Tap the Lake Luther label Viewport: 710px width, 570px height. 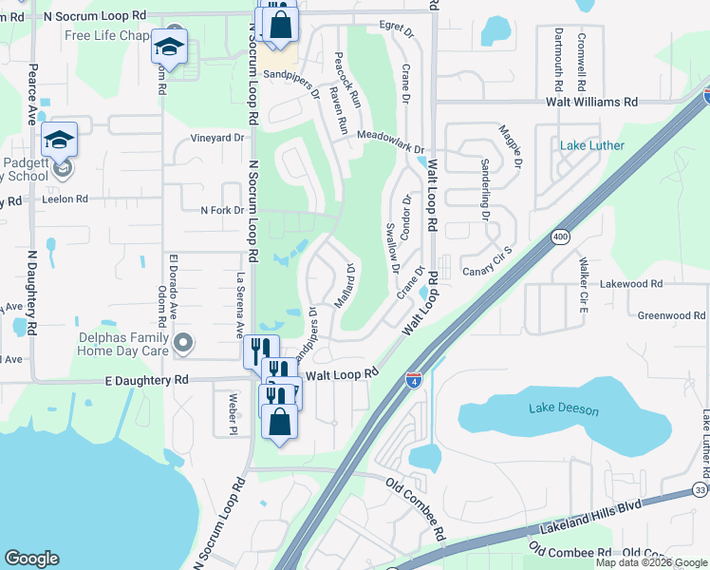591,145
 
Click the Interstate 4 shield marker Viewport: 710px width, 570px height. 414,380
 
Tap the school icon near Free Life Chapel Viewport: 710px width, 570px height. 169,46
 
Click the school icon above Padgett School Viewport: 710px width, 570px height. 59,140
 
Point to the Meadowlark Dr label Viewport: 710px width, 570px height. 390,137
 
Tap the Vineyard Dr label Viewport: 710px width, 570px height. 218,138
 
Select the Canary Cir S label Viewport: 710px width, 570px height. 487,273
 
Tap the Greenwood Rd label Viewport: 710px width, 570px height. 671,315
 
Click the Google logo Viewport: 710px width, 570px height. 31,559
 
